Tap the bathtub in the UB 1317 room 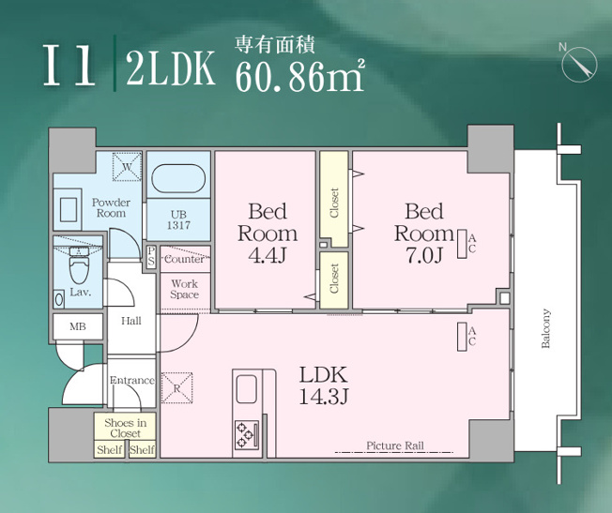[178, 179]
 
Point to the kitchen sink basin [247, 389]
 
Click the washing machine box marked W [127, 167]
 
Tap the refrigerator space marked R [176, 387]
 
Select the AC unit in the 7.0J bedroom [462, 244]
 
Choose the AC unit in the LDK [462, 337]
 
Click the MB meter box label [78, 326]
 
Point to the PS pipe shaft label [151, 257]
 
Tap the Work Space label [185, 289]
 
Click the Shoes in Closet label [125, 428]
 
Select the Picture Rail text [395, 445]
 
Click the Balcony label [545, 328]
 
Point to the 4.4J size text [268, 255]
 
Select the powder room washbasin [69, 210]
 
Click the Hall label [131, 321]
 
